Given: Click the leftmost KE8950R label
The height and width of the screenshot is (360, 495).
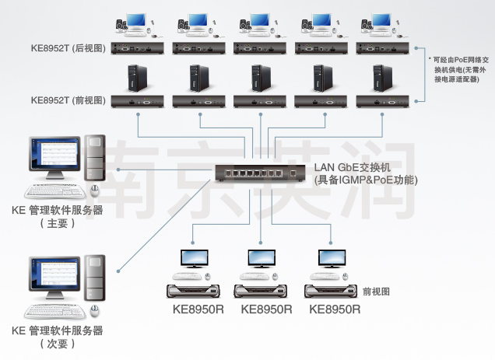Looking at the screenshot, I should (198, 309).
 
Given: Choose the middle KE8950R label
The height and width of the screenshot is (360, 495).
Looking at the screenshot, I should (266, 309).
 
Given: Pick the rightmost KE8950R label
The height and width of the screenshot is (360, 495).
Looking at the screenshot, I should (335, 309).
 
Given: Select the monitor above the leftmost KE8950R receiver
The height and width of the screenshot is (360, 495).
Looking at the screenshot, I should (195, 260).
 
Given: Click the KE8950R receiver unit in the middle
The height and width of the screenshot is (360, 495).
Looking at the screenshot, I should (263, 291).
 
